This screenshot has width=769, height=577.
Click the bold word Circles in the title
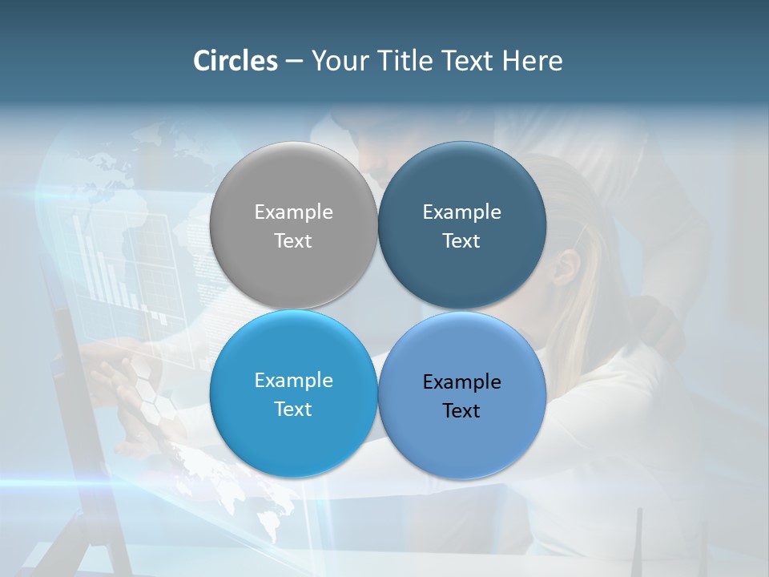point(236,61)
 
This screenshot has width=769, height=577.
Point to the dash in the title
point(294,62)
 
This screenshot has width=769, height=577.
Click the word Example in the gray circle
point(293,212)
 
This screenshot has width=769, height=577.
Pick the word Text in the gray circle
point(293,240)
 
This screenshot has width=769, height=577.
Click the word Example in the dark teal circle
point(462,212)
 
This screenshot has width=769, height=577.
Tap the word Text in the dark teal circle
point(462,240)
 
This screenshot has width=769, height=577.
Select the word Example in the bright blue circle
point(293,381)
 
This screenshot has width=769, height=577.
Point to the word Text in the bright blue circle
point(293,409)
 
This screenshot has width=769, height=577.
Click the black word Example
point(462,382)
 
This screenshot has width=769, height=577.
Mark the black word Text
point(462,410)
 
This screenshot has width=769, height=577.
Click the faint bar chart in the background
point(104,264)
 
